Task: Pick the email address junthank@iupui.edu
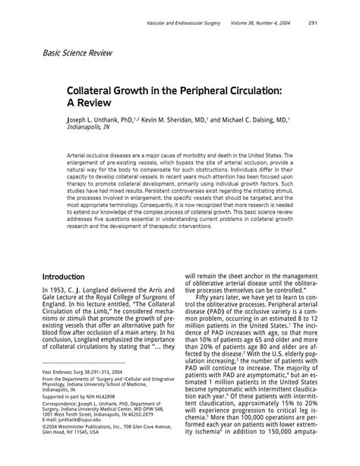(x=85, y=441)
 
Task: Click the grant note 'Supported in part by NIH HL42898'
(x=79, y=417)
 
